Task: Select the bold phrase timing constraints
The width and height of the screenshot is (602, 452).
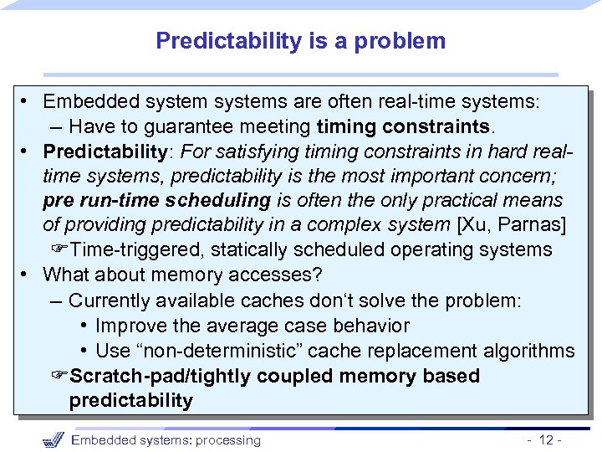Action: point(405,127)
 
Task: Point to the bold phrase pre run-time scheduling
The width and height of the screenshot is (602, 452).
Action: point(156,201)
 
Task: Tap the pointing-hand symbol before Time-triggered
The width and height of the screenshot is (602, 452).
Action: point(60,250)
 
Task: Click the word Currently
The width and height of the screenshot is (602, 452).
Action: point(109,300)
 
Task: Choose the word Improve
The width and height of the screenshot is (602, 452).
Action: point(129,326)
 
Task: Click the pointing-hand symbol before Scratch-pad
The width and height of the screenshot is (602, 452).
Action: point(60,376)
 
